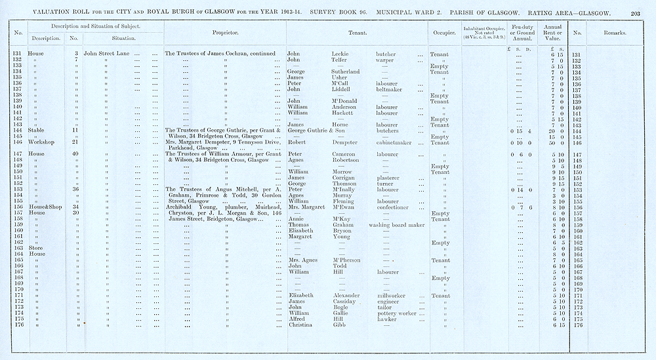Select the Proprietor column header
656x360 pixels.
(x=225, y=32)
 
